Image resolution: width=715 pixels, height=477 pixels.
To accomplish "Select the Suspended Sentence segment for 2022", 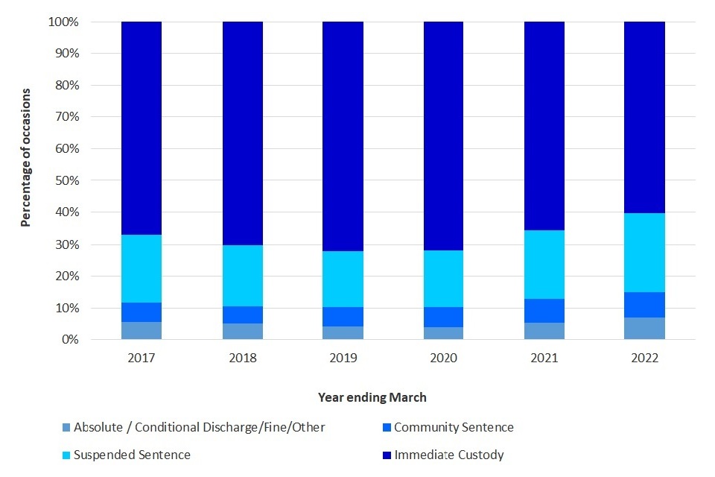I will pos(644,253).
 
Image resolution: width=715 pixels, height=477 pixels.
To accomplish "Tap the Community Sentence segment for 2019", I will pos(343,317).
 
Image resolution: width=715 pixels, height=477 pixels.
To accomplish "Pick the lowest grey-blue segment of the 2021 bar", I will pos(544,331).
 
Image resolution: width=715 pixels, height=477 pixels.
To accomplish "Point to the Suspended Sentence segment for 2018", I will pos(243,276).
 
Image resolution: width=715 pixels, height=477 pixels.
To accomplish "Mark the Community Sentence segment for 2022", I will pos(644,305).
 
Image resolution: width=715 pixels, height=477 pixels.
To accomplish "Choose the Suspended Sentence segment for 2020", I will pos(443,279).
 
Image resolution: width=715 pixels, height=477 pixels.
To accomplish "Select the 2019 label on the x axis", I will pos(343,358).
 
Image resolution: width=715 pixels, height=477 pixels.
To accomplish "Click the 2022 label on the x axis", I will pos(644,358).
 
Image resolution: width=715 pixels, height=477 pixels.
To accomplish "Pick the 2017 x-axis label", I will pos(142,358).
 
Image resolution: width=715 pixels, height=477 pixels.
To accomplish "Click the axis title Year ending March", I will pos(372,397).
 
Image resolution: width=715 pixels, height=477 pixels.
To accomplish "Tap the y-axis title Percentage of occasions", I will pos(26,157).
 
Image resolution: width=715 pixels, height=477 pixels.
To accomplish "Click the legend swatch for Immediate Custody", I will pos(385,455).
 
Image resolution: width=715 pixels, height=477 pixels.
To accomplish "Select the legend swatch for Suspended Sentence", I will pos(66,455).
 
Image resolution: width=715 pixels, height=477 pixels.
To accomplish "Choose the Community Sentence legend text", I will pos(454,428).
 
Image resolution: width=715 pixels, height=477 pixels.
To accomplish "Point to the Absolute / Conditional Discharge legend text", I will pos(200,428).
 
